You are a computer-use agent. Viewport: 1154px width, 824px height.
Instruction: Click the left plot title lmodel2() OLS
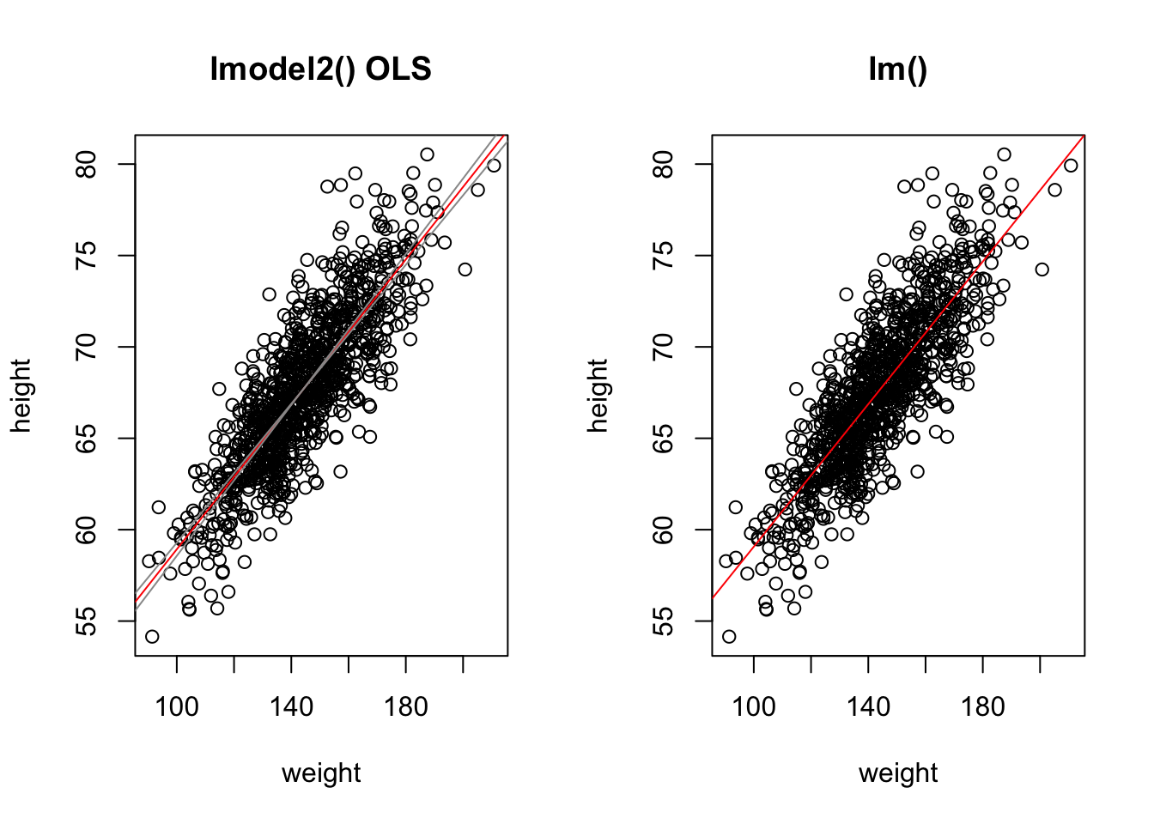point(320,69)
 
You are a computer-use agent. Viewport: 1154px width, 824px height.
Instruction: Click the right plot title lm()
point(897,69)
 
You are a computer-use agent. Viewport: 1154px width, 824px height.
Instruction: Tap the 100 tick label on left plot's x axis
point(176,707)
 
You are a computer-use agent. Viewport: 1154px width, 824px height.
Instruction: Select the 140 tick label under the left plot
point(291,707)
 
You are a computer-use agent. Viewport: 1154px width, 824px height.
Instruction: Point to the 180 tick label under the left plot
point(406,707)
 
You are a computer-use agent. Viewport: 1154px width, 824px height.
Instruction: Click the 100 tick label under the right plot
point(753,707)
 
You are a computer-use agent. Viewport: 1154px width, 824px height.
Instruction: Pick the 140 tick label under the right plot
point(868,707)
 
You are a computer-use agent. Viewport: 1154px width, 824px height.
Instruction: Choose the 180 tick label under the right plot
point(983,707)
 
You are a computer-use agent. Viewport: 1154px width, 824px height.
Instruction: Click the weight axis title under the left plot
point(321,773)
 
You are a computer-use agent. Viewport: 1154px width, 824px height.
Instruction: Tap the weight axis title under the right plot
point(898,773)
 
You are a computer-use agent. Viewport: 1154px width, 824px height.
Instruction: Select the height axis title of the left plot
point(21,396)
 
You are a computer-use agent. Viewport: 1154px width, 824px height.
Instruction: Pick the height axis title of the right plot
point(598,396)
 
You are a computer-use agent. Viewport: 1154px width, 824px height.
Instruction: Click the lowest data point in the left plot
point(152,637)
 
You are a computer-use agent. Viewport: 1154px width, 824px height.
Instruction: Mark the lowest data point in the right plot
point(729,637)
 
